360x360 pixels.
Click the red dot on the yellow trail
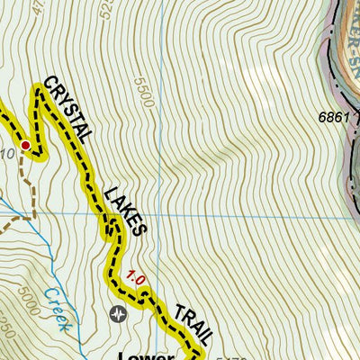pyautogui.click(x=26, y=145)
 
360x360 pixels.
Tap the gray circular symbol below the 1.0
pyautogui.click(x=119, y=313)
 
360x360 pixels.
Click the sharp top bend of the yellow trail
pyautogui.click(x=38, y=88)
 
